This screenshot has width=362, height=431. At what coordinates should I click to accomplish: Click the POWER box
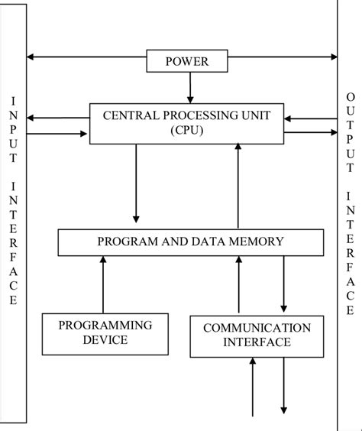tap(186, 61)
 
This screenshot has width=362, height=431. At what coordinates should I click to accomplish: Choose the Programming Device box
tap(105, 333)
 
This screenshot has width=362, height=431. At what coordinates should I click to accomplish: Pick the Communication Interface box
tap(256, 335)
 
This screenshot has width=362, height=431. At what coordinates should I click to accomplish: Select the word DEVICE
tap(105, 341)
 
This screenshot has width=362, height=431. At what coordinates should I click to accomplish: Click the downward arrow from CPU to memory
tap(135, 183)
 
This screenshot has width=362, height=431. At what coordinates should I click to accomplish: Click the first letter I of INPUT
tap(12, 100)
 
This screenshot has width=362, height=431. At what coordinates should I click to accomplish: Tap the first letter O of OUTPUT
tap(350, 97)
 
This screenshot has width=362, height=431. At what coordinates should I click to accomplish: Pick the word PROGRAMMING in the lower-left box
tap(105, 325)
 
